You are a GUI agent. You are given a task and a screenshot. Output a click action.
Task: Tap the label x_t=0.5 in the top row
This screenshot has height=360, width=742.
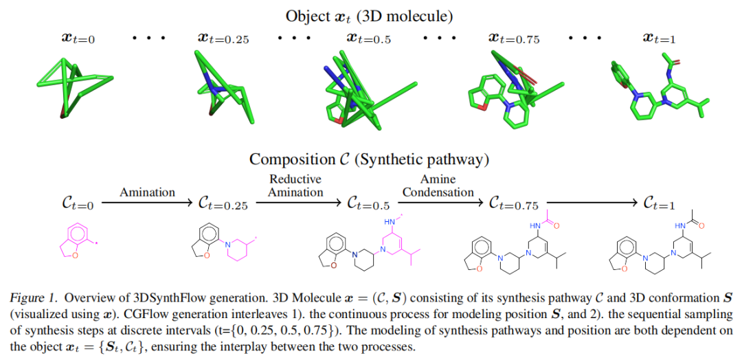[368, 38]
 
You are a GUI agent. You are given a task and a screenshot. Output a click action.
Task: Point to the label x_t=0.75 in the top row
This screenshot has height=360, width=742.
[514, 38]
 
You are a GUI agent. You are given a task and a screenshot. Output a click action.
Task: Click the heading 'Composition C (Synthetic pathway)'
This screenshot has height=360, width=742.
[369, 159]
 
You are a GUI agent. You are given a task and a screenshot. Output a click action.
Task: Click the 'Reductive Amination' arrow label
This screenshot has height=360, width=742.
[295, 185]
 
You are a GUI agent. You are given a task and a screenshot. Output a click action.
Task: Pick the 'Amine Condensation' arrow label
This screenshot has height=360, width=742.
[438, 185]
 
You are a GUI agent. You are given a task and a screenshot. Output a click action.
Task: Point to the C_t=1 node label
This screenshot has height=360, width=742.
[660, 203]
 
